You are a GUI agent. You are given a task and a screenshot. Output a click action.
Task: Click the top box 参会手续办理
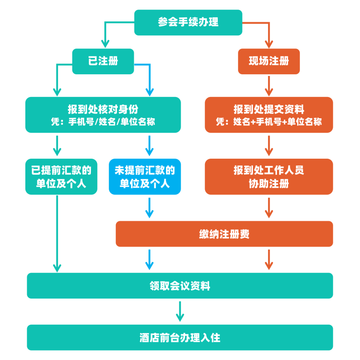tap(188, 22)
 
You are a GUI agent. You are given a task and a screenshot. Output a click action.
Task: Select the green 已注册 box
tap(103, 61)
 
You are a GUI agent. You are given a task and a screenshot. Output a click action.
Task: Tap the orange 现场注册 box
tap(269, 61)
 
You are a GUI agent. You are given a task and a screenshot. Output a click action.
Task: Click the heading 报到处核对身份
tap(103, 109)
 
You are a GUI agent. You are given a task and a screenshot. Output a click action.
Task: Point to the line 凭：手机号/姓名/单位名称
tap(103, 122)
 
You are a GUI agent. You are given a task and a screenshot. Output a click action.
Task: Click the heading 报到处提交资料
tap(269, 109)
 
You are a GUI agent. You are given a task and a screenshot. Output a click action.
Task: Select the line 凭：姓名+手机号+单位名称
tap(269, 122)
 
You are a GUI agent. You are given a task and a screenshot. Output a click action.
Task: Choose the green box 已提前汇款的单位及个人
tap(61, 177)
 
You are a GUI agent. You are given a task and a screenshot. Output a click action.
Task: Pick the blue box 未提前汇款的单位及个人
tap(145, 177)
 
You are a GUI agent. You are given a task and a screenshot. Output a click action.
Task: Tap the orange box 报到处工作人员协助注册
tap(269, 177)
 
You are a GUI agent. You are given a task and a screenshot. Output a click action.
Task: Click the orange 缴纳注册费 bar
tap(224, 234)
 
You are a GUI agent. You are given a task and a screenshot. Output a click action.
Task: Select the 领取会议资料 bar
tap(180, 286)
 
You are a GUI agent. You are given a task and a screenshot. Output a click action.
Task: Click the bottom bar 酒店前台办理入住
tap(180, 337)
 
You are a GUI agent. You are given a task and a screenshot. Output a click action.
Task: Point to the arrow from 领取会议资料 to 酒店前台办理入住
tap(180, 311)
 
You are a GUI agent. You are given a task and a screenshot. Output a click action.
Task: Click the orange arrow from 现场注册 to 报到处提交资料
tap(269, 86)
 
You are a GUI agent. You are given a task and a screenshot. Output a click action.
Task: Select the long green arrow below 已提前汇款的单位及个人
tap(57, 233)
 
